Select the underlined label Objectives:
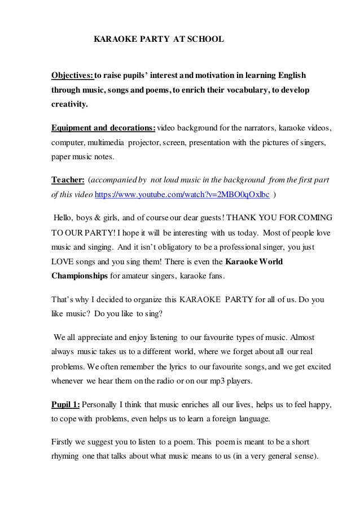click(x=73, y=76)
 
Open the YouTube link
click(x=183, y=194)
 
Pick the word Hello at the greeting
click(x=64, y=218)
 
